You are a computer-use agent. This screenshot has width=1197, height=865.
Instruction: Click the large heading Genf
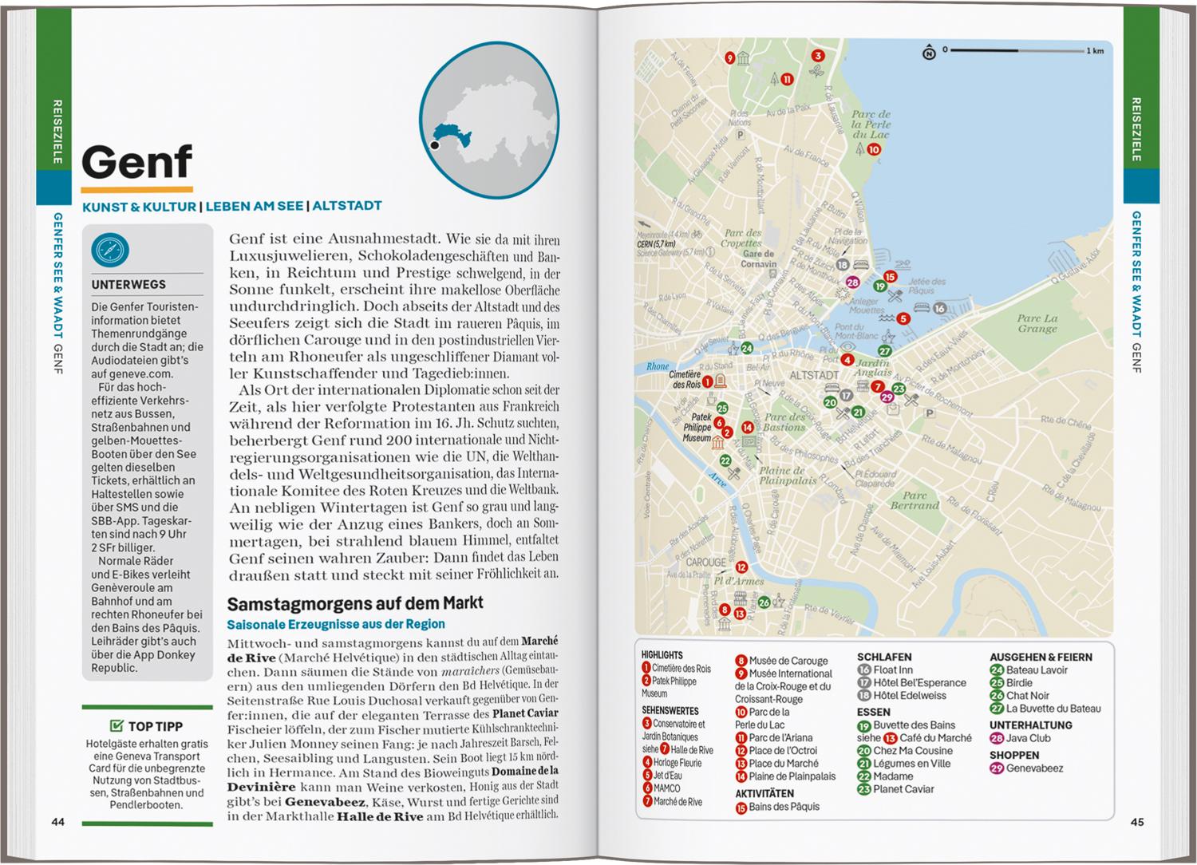[136, 162]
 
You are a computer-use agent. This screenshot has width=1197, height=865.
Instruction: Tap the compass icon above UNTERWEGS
[110, 250]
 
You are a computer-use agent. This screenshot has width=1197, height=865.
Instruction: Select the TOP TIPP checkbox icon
[117, 726]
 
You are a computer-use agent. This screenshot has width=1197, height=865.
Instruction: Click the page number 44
[57, 822]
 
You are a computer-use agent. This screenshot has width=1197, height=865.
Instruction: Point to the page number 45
[1137, 822]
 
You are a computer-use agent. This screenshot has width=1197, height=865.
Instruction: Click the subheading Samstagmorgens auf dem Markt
[355, 603]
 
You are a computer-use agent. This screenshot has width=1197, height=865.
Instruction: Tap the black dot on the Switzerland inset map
[434, 145]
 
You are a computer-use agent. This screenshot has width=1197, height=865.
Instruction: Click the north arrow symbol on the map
[929, 53]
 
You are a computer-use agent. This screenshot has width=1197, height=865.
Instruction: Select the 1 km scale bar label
[1095, 51]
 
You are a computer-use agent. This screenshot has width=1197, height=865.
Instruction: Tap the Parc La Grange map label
[1037, 323]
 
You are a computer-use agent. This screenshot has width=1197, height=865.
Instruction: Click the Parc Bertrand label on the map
[915, 500]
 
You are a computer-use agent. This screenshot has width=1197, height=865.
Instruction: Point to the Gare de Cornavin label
[758, 259]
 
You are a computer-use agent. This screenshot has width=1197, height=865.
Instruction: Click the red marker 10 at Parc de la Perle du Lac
[874, 149]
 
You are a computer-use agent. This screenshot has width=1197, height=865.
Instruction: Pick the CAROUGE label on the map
[706, 562]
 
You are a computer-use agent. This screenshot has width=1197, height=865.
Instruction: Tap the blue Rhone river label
[658, 367]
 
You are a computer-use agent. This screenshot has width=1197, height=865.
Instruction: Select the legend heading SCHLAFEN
[884, 657]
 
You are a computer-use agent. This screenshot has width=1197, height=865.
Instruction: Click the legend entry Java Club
[1028, 738]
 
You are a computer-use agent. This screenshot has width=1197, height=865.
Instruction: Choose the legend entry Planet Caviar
[903, 789]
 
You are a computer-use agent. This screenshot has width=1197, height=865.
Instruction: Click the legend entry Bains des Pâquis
[784, 807]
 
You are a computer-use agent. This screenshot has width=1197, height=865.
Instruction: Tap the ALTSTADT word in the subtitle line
[346, 206]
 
